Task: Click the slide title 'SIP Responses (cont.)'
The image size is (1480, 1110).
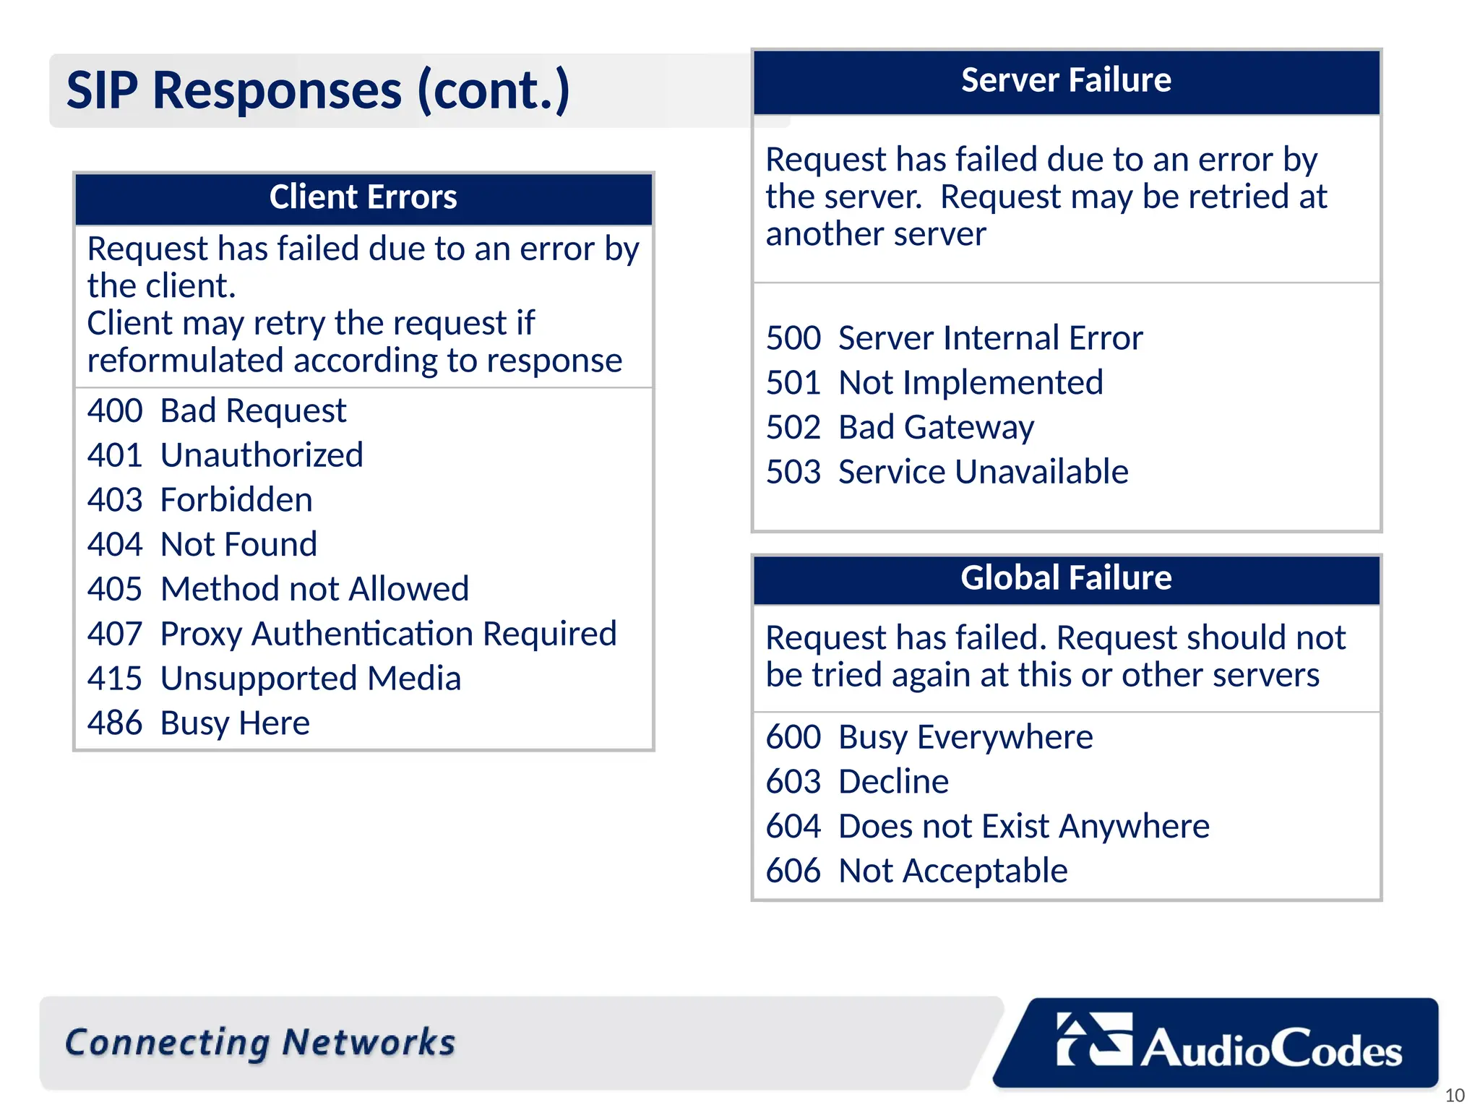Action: point(318,90)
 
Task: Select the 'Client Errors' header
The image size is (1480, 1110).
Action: point(363,197)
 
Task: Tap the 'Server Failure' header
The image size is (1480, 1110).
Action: point(1066,80)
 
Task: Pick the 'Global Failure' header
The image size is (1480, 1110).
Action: point(1066,578)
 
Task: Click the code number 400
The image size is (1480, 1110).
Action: point(115,411)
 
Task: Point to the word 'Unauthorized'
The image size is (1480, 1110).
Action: point(262,455)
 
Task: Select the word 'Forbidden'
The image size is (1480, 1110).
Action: point(236,500)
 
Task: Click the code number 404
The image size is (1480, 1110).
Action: point(115,545)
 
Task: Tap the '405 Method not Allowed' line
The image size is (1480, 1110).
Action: point(278,589)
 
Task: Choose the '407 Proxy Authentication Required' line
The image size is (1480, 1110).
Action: point(352,634)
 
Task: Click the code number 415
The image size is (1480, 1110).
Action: point(115,679)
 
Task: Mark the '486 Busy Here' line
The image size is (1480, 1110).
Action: point(199,723)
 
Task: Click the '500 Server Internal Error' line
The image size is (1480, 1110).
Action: point(954,338)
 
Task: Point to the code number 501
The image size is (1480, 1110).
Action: point(793,383)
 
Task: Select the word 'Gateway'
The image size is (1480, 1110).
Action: point(969,428)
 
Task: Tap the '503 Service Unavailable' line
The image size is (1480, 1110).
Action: point(947,472)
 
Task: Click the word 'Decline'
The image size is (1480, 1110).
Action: point(893,782)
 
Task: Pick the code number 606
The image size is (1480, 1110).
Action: point(793,871)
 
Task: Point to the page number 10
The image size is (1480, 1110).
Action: point(1454,1096)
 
